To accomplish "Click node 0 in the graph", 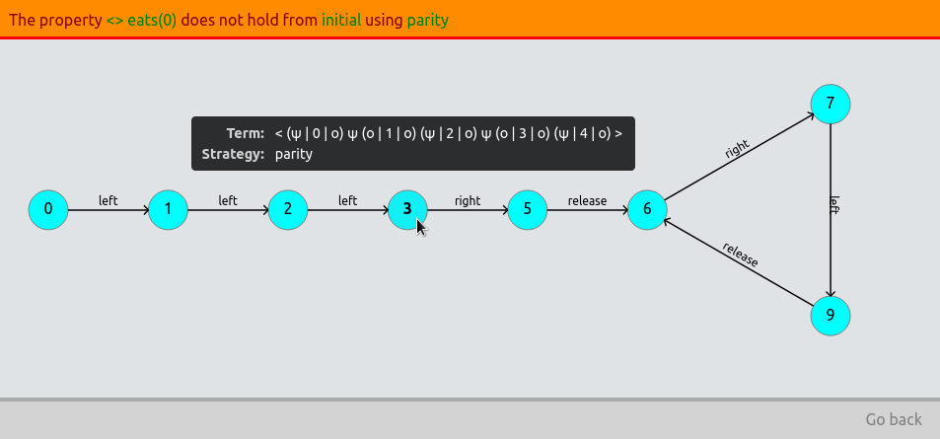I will (x=48, y=209).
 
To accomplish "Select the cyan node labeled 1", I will (x=169, y=209).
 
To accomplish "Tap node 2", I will (x=288, y=209).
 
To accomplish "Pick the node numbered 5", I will (x=528, y=209).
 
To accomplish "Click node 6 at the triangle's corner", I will (x=647, y=209).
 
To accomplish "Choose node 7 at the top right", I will (x=831, y=104).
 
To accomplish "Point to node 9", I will (x=831, y=316).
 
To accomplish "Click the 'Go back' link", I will (x=894, y=419).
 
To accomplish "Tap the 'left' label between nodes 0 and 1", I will (x=108, y=200).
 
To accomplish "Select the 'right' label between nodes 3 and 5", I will (x=468, y=200).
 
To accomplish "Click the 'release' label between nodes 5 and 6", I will (x=587, y=200).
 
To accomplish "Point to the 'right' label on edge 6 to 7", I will (x=737, y=150).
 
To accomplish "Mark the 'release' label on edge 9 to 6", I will (x=741, y=255).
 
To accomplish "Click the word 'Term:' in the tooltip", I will (x=246, y=133).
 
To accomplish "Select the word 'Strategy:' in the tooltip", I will (x=233, y=154).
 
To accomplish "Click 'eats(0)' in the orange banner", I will (x=152, y=20).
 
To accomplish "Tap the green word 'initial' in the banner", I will (x=341, y=20).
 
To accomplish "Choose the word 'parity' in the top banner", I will (x=427, y=20).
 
